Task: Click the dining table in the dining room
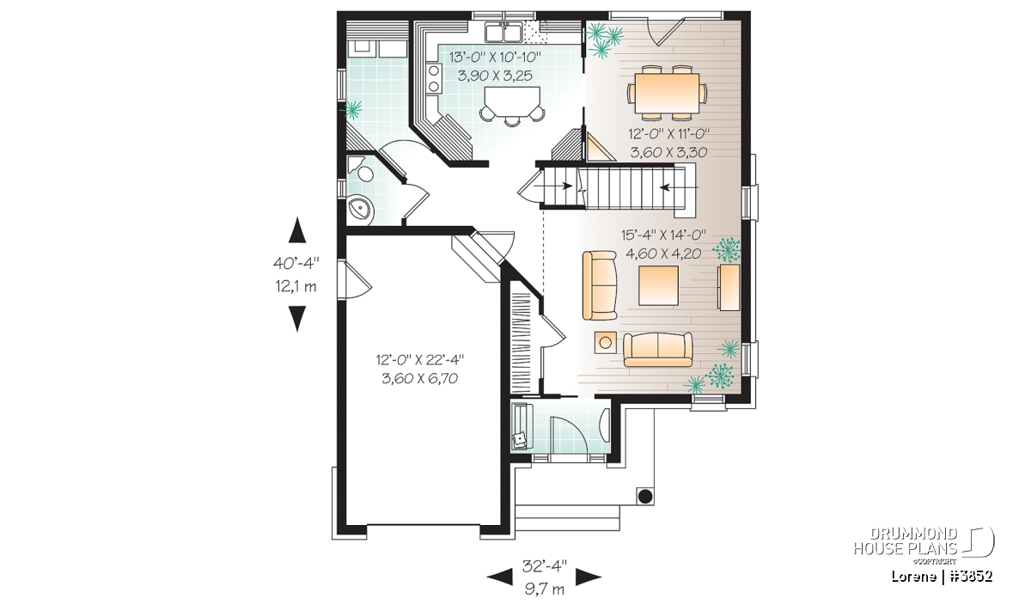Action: (x=667, y=93)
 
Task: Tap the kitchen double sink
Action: (x=503, y=33)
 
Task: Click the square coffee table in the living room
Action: (x=658, y=286)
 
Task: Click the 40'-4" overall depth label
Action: (x=296, y=263)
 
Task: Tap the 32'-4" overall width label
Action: (x=545, y=565)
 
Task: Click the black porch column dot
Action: (x=645, y=497)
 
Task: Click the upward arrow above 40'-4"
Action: (x=297, y=230)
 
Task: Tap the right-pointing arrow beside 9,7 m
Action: (x=589, y=577)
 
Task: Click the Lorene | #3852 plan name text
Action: (x=942, y=577)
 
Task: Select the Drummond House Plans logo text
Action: (x=906, y=541)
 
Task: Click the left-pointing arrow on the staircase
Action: (x=680, y=187)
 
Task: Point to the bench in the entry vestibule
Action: (x=522, y=426)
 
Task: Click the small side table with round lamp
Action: (x=605, y=343)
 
